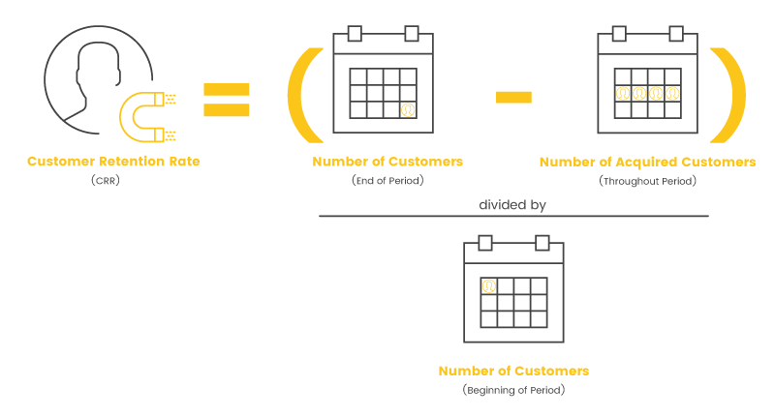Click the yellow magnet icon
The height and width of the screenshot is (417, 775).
click(x=127, y=117)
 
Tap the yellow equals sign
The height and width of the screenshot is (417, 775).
click(x=227, y=100)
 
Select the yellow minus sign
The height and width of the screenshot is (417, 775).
click(x=513, y=98)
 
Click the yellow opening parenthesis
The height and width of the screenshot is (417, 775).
click(x=298, y=95)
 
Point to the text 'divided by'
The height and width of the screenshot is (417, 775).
click(x=512, y=205)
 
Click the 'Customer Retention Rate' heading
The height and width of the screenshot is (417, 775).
click(x=113, y=162)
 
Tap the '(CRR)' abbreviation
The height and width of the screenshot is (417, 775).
click(x=106, y=181)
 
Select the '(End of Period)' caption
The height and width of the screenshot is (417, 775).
click(x=388, y=181)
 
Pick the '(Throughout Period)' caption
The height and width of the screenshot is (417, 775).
click(x=647, y=181)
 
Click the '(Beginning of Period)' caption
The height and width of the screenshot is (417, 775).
click(x=514, y=390)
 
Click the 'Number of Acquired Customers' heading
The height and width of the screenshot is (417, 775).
click(x=647, y=162)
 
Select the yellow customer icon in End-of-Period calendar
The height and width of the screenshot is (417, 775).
click(x=408, y=109)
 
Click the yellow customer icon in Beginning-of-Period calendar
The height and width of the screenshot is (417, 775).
click(x=489, y=286)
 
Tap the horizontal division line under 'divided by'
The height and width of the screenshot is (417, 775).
click(x=513, y=216)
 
